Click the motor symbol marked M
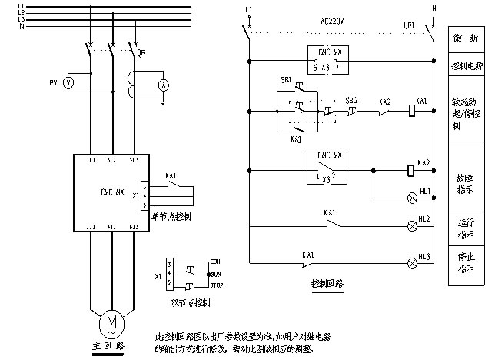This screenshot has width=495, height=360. tap(112, 319)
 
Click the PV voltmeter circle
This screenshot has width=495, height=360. tap(68, 82)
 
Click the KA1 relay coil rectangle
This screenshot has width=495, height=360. tap(412, 112)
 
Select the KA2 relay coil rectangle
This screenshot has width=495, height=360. tap(412, 169)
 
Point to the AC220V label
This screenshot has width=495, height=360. tap(331, 24)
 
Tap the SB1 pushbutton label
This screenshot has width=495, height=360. tap(287, 80)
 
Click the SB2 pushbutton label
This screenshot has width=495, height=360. tap(351, 101)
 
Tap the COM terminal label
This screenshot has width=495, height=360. tap(216, 262)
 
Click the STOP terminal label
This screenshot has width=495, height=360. tap(217, 285)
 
